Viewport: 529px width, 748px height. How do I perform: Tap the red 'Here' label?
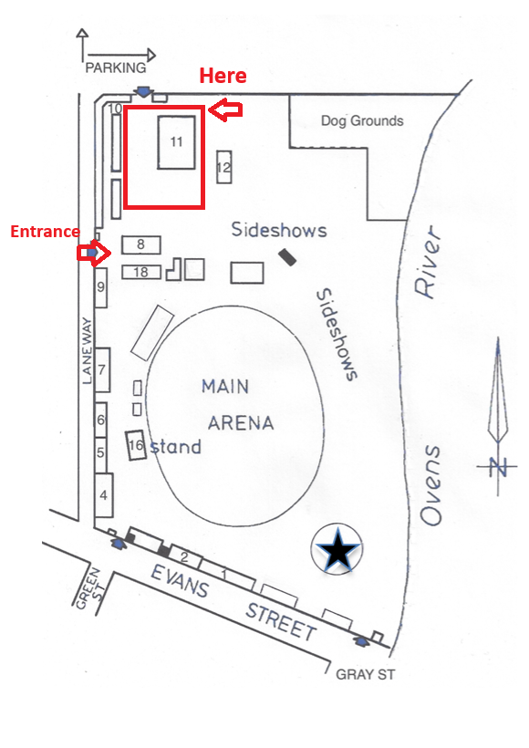223,76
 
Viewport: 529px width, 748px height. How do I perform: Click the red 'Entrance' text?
45,232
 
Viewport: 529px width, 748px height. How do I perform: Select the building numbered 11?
176,141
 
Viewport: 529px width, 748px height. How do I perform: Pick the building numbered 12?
223,168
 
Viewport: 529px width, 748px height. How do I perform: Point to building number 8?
140,244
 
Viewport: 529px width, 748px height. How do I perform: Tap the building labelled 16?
137,445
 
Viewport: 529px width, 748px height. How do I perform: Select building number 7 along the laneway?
103,369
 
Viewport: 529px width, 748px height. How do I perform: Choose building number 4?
103,496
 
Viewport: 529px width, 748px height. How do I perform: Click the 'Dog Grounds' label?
362,120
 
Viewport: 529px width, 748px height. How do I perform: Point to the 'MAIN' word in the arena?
225,386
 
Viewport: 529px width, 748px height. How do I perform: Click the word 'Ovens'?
431,485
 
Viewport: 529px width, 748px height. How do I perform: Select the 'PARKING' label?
116,68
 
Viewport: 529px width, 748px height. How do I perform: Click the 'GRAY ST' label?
362,675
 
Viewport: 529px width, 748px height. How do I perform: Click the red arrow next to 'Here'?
225,110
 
